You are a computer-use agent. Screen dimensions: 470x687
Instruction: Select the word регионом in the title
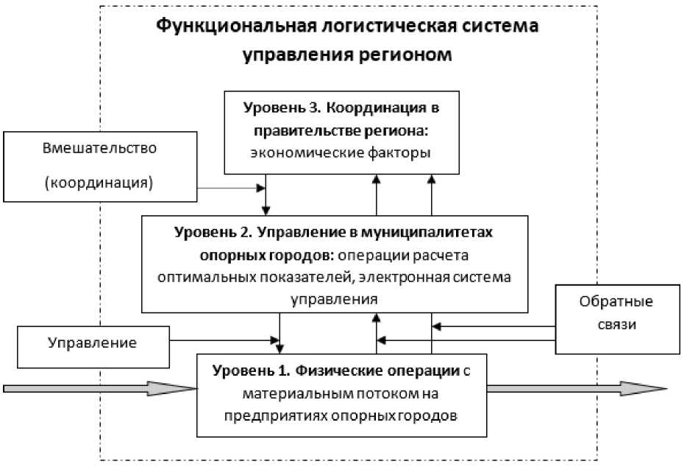(x=398, y=56)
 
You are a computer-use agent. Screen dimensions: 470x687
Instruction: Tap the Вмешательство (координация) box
(x=101, y=166)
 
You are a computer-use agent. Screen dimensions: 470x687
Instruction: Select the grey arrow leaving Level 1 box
(x=577, y=388)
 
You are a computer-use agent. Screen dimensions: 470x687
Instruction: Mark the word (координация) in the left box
(x=102, y=183)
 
